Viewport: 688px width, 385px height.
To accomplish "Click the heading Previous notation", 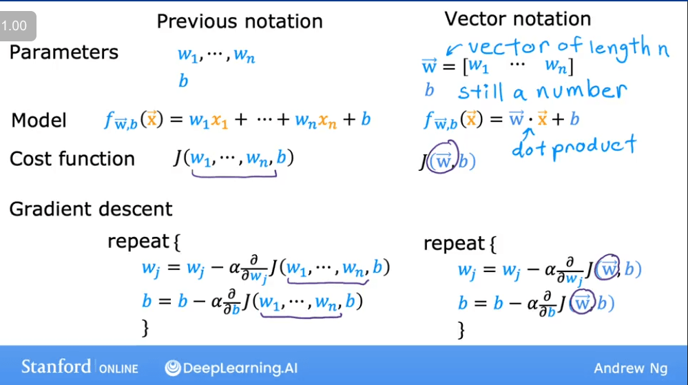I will pos(240,21).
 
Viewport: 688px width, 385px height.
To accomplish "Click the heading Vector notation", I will pos(518,19).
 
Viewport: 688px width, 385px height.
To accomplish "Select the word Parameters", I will pos(64,52).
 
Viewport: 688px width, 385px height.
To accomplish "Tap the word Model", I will pos(39,121).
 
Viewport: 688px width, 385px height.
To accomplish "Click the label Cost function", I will pos(72,159).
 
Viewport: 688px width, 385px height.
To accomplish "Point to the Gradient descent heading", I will pos(91,209).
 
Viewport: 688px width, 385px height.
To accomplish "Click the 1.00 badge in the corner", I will pos(14,27).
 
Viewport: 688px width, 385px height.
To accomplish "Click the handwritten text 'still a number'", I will pos(542,90).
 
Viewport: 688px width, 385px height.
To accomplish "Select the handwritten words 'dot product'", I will pos(573,147).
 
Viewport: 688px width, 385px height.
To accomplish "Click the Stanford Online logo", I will pos(79,367).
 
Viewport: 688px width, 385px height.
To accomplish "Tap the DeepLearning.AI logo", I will pos(231,368).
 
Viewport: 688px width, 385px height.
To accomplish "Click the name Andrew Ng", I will pos(630,368).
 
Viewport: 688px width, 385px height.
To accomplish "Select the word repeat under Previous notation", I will pos(138,242).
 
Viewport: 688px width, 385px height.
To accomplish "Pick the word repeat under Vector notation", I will pos(454,243).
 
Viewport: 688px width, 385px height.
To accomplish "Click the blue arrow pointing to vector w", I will pos(455,48).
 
